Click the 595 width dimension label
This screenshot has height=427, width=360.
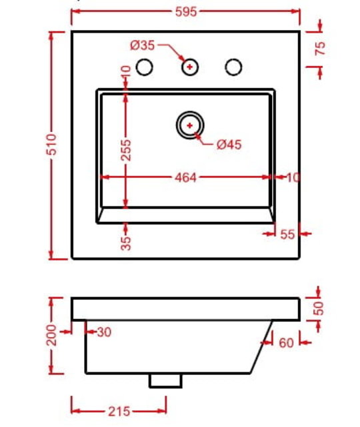click(x=186, y=12)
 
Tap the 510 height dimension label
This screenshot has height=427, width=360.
click(x=51, y=145)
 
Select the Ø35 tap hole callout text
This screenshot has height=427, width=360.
click(x=142, y=45)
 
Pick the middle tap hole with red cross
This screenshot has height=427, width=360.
click(x=190, y=67)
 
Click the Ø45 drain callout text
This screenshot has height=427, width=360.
click(x=229, y=145)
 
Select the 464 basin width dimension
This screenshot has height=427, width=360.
click(x=185, y=178)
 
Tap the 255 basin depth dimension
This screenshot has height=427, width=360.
click(x=126, y=150)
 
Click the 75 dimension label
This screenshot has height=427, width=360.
click(x=320, y=49)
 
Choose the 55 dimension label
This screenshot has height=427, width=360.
click(x=287, y=234)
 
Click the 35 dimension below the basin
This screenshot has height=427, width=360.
click(x=126, y=243)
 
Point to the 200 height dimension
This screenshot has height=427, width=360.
click(x=51, y=335)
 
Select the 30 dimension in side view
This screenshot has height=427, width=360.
click(x=105, y=332)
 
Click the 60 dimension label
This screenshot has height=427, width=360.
click(x=287, y=343)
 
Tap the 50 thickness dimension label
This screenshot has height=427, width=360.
click(x=318, y=308)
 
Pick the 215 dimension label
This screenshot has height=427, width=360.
click(x=119, y=412)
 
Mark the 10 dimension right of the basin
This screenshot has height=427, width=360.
click(x=293, y=178)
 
